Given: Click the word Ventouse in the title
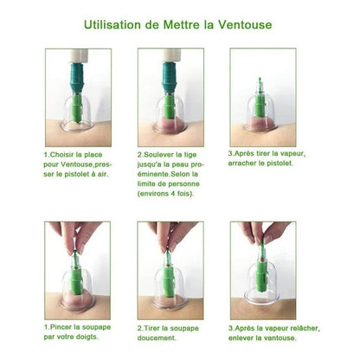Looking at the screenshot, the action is [x=245, y=24].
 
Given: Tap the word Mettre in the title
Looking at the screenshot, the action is [x=181, y=24].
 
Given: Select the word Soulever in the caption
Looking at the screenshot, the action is [x=159, y=155].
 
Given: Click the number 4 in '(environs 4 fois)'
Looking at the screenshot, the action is [x=172, y=194].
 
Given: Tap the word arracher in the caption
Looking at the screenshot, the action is [x=242, y=164].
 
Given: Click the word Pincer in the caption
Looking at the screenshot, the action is [x=61, y=327].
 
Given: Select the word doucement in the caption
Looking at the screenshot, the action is [x=157, y=337].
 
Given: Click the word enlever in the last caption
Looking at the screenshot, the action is [x=240, y=337].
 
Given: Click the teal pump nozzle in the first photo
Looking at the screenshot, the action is [x=77, y=78].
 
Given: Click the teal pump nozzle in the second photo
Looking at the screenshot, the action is [x=170, y=78].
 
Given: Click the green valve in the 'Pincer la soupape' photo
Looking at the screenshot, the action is [x=77, y=277].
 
